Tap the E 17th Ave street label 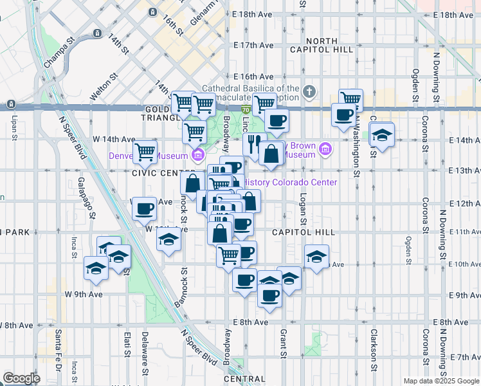click(254, 45)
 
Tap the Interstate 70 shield click(246, 111)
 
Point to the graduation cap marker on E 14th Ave click(382, 135)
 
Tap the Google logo click(21, 378)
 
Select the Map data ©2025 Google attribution click(442, 381)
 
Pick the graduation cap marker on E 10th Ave click(316, 257)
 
